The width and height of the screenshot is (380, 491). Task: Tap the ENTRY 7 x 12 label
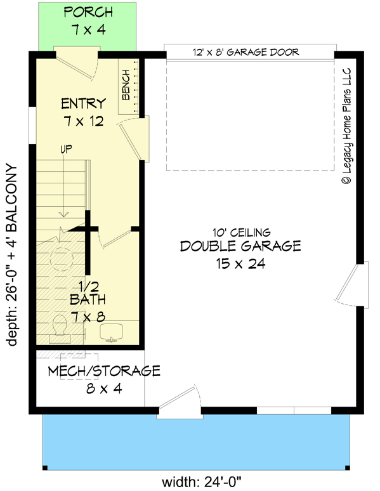tap(82, 111)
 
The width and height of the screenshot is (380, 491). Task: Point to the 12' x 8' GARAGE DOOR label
tap(246, 52)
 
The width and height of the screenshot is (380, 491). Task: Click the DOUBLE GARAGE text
tap(240, 246)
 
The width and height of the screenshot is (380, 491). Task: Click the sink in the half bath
tap(112, 331)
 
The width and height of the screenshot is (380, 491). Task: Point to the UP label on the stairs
tap(65, 150)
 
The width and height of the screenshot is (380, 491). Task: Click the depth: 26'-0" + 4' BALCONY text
tap(11, 254)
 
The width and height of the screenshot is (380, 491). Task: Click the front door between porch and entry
tap(76, 62)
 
